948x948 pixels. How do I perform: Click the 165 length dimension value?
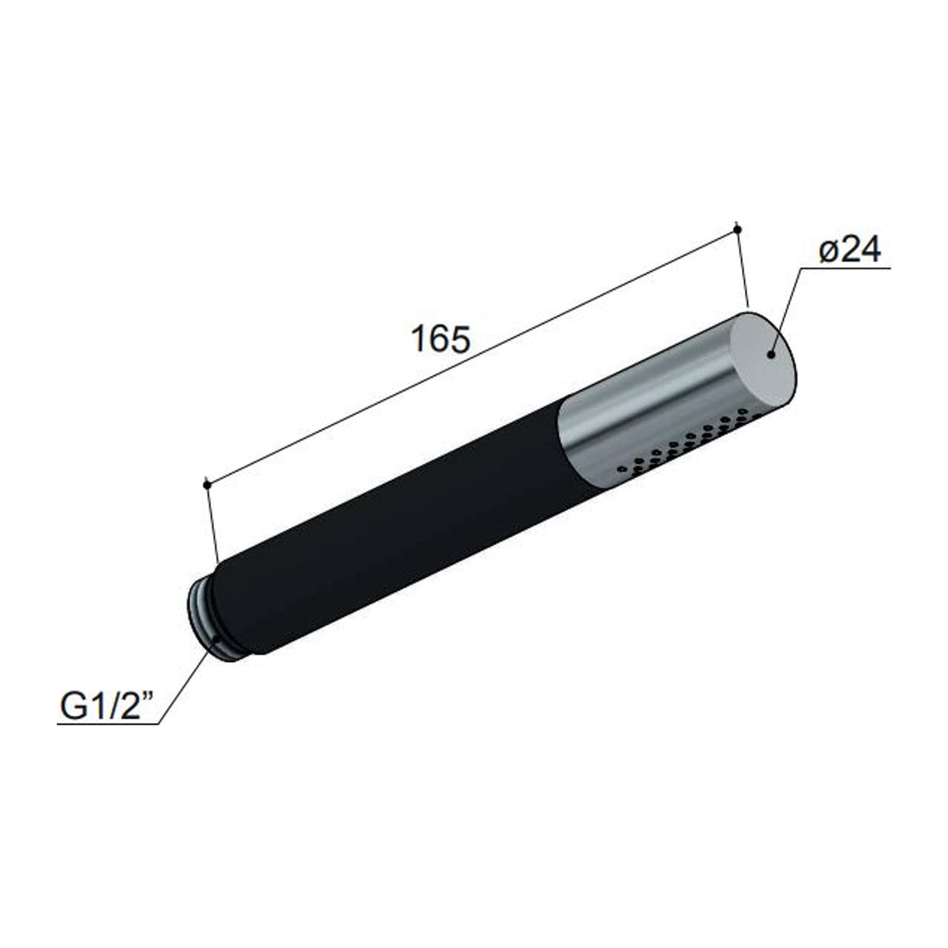[x=440, y=339]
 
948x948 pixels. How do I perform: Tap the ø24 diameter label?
[x=849, y=249]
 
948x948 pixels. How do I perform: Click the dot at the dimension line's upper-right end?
[x=737, y=229]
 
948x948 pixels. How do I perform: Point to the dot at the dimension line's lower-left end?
[x=207, y=484]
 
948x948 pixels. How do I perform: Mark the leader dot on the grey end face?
[x=771, y=355]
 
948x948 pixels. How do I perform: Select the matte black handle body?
[x=393, y=520]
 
